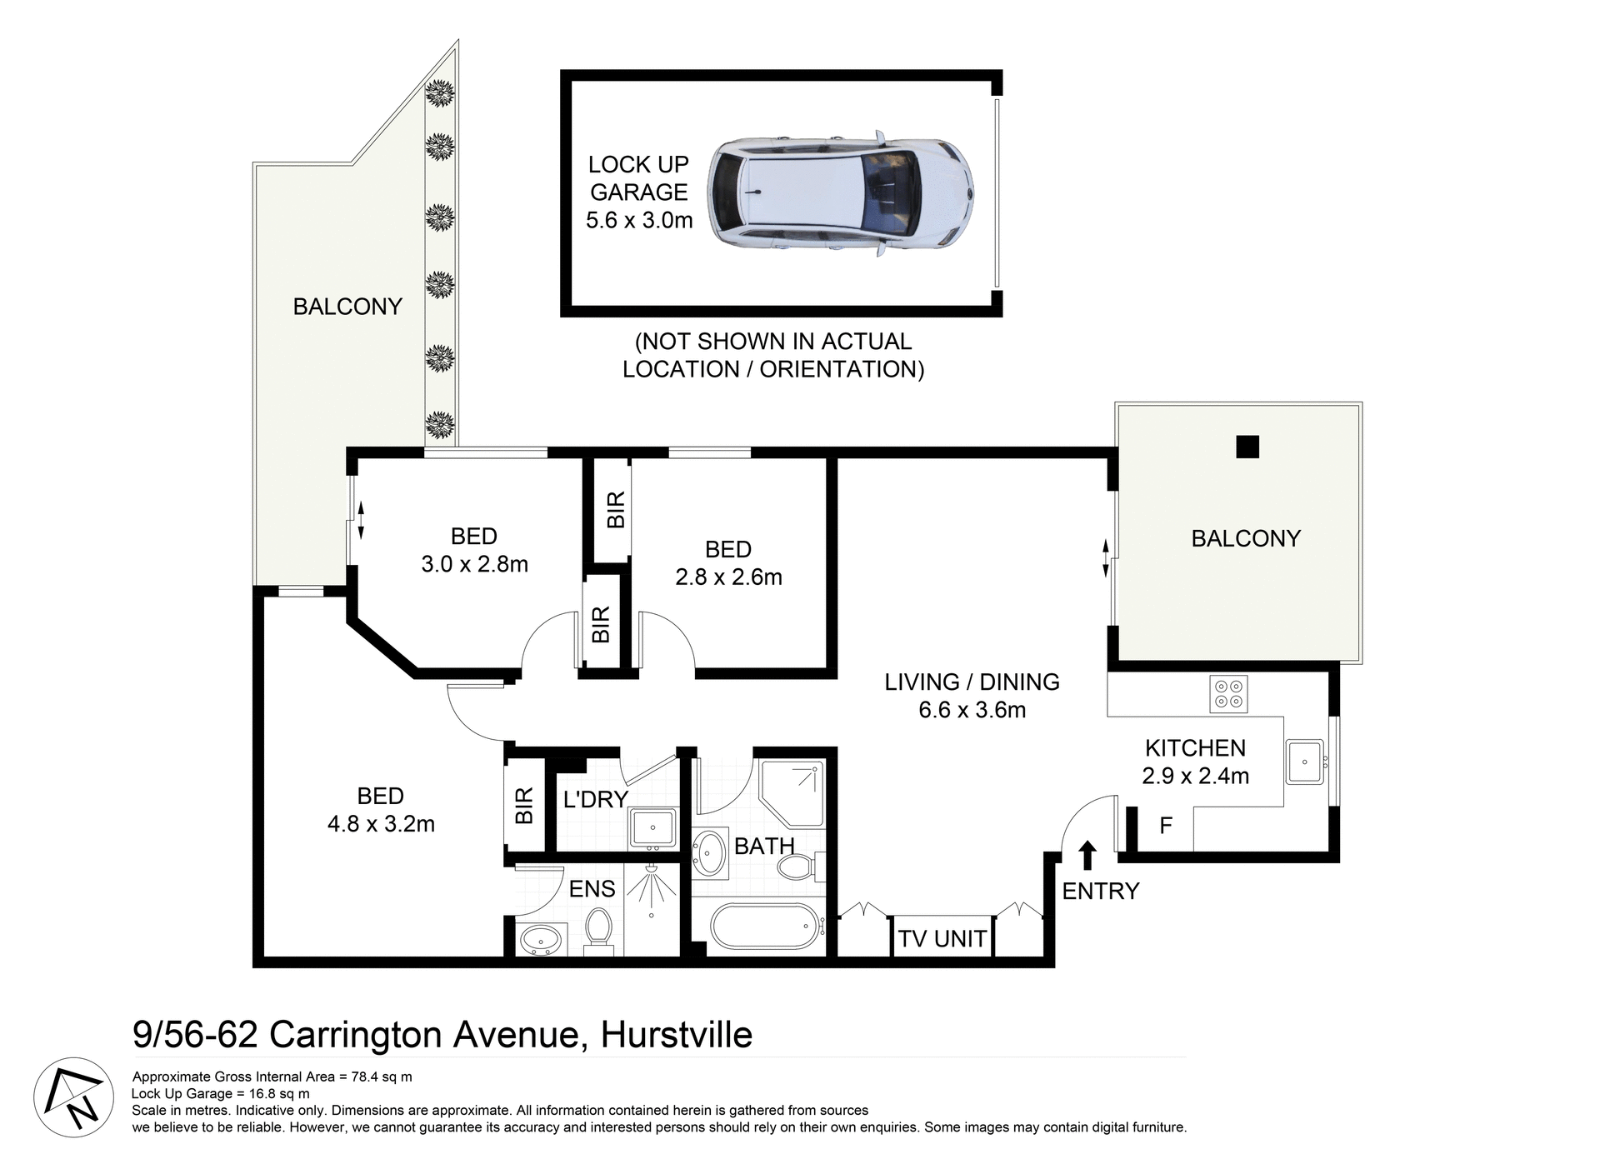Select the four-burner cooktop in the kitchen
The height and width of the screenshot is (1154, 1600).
pyautogui.click(x=1228, y=694)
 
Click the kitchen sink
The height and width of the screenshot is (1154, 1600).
pyautogui.click(x=1304, y=761)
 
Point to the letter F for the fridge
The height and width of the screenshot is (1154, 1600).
pyautogui.click(x=1166, y=826)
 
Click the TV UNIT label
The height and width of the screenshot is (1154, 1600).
pyautogui.click(x=942, y=939)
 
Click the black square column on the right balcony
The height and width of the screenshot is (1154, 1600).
pyautogui.click(x=1247, y=447)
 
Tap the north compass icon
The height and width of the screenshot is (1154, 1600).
pyautogui.click(x=73, y=1097)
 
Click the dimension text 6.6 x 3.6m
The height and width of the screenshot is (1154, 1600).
pyautogui.click(x=972, y=710)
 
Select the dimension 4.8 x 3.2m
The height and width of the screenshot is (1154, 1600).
pyautogui.click(x=381, y=824)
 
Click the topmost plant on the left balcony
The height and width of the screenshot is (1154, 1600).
pyautogui.click(x=439, y=92)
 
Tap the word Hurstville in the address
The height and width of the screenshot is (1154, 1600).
pyautogui.click(x=676, y=1035)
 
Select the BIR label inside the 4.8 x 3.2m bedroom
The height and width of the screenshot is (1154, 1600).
pyautogui.click(x=524, y=806)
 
